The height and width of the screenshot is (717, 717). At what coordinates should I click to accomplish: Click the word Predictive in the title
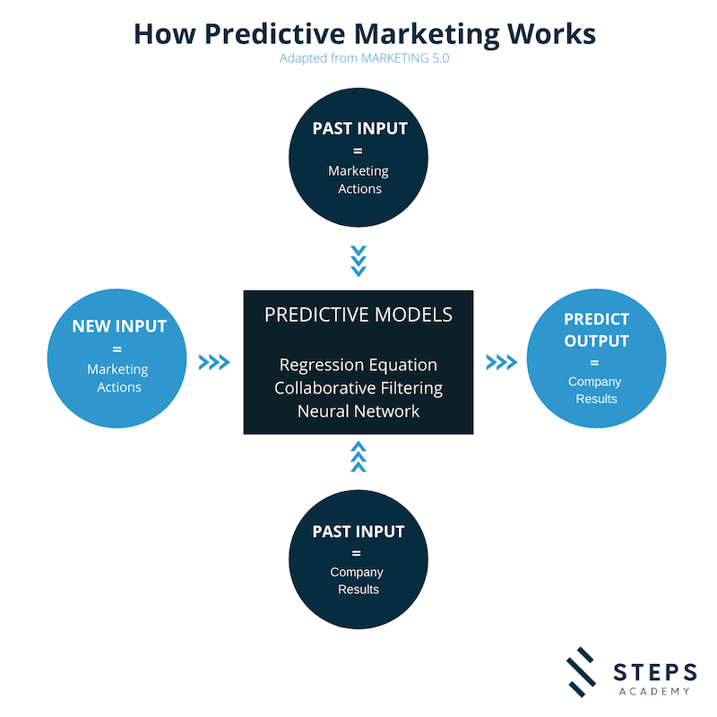coord(274,34)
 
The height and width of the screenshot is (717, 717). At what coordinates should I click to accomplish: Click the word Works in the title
coord(551,34)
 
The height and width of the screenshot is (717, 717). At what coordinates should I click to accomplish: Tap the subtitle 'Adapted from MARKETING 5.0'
coord(365,58)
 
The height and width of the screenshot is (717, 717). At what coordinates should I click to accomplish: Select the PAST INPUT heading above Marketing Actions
coord(360,128)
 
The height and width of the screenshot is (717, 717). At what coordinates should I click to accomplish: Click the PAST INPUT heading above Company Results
coord(358,531)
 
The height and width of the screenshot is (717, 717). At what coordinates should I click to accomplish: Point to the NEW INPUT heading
coord(119,326)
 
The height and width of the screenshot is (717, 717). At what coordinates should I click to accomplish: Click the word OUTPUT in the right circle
coord(596,341)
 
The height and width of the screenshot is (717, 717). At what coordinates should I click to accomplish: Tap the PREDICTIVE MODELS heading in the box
coord(358,315)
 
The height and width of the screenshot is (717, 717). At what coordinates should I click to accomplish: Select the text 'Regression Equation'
coord(358,365)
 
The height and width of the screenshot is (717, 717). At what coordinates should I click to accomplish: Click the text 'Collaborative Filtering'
coord(358,388)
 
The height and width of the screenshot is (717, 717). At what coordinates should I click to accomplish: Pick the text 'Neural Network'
coord(358,411)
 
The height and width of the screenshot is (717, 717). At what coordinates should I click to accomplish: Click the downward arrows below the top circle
coord(358,261)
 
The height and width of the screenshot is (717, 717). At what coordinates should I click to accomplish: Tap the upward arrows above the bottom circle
coord(358,456)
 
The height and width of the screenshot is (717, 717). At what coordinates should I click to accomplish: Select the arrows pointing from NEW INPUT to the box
coord(214,362)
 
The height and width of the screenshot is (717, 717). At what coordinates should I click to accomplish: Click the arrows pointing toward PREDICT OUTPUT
coord(502,362)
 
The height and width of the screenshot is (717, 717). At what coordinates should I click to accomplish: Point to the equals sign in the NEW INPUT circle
coord(117,350)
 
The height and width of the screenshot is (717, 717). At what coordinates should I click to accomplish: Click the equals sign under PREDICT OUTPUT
coord(594,363)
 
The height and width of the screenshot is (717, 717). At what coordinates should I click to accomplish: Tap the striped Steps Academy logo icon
coord(581,671)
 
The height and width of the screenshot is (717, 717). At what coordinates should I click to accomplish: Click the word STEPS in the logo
coord(655,673)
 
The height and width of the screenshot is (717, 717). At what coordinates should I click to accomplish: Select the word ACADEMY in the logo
coord(654,691)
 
